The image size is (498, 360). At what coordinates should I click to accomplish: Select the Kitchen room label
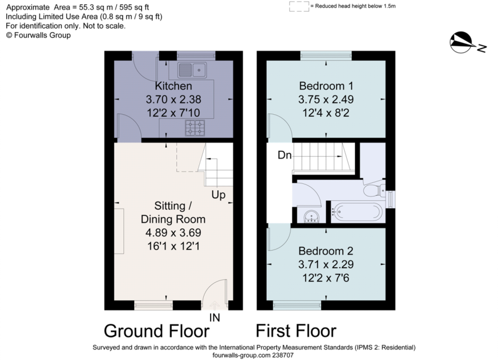[173, 86]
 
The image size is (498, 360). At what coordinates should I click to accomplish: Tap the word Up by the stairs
[219, 195]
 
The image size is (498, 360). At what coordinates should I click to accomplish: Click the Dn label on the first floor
[285, 156]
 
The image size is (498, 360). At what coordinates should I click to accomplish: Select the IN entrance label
[215, 318]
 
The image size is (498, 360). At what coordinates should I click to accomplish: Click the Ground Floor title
[156, 331]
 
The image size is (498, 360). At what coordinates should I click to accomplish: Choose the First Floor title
[295, 331]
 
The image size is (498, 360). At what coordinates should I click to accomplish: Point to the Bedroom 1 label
[326, 86]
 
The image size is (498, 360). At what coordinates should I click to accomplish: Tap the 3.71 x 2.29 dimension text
[326, 264]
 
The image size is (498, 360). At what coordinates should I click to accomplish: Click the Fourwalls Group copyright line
[38, 35]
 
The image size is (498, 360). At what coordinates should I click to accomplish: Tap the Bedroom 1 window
[326, 54]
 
